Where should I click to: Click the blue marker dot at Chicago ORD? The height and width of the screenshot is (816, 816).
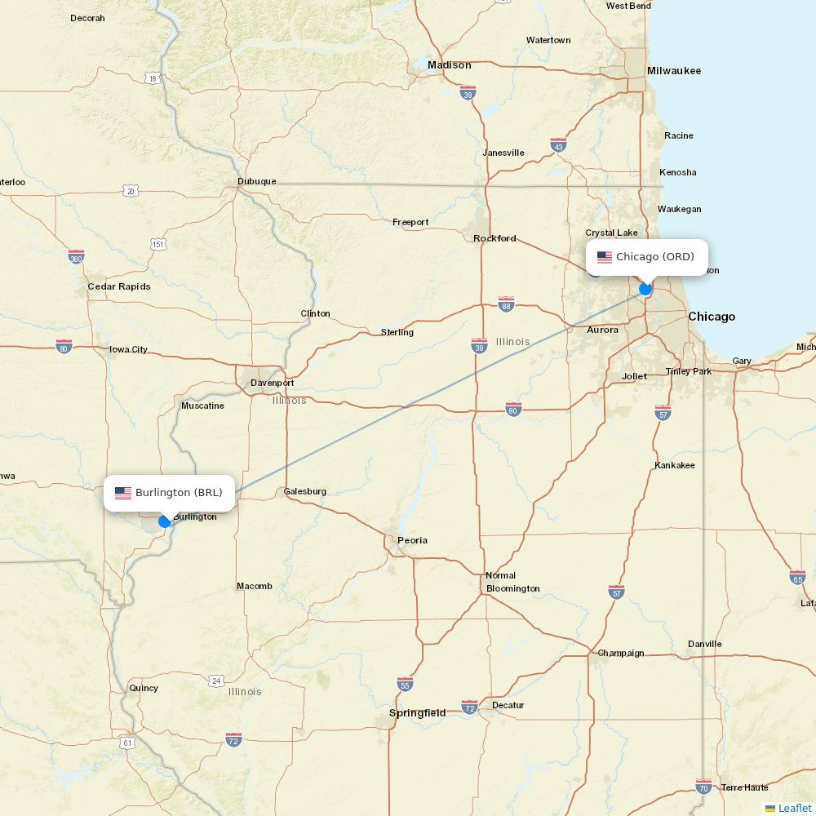click(645, 288)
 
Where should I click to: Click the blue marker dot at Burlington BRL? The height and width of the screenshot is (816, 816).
click(165, 521)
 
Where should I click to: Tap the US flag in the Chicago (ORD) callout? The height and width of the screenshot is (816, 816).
click(605, 257)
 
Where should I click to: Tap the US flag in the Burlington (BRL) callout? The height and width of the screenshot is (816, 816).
click(123, 493)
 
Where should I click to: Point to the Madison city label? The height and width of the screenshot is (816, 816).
click(450, 65)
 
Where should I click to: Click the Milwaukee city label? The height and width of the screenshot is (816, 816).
click(674, 71)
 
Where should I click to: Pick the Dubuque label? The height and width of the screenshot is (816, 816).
click(257, 181)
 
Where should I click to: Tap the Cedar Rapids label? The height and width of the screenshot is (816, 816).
click(119, 286)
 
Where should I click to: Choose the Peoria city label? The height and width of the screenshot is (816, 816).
click(412, 540)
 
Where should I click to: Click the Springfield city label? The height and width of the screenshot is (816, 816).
click(418, 713)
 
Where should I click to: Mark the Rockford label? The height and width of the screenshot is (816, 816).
click(494, 238)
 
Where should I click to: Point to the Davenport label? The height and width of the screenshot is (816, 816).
click(273, 383)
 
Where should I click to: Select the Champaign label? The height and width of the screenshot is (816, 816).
click(621, 653)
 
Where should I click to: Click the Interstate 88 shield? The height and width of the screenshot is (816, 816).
click(506, 303)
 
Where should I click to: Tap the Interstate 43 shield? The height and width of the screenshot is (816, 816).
click(558, 144)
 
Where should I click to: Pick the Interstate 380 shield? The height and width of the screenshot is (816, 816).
click(76, 256)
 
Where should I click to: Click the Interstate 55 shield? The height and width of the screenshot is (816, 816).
click(405, 683)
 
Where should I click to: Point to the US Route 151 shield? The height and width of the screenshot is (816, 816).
click(158, 244)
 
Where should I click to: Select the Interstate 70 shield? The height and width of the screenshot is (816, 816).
click(704, 786)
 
